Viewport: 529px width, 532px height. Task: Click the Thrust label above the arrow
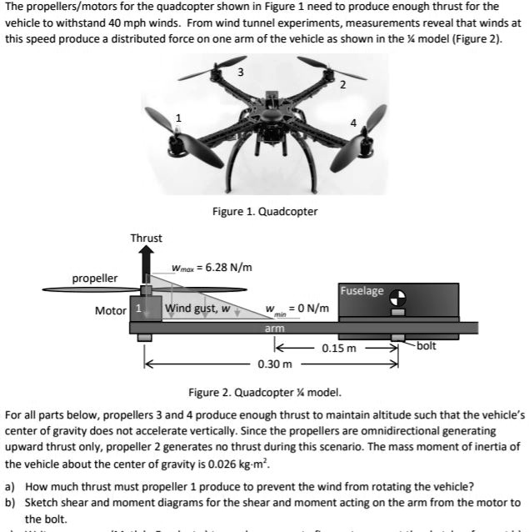[x=147, y=238]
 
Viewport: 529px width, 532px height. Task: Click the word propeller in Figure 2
[x=94, y=277]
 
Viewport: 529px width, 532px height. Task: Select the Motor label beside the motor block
[x=111, y=310]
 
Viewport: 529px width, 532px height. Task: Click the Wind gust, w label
[x=197, y=309]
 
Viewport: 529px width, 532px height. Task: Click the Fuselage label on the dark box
[x=362, y=291]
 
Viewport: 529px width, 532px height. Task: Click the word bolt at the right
[x=427, y=345]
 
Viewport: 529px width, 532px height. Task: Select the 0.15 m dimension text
[x=340, y=349]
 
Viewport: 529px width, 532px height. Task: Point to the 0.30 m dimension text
[x=275, y=364]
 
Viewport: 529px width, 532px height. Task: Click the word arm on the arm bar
[x=275, y=329]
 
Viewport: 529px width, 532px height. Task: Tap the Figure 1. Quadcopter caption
[x=265, y=211]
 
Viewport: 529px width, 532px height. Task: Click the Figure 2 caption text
[x=265, y=392]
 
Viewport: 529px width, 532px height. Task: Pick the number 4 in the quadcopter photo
[x=353, y=123]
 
